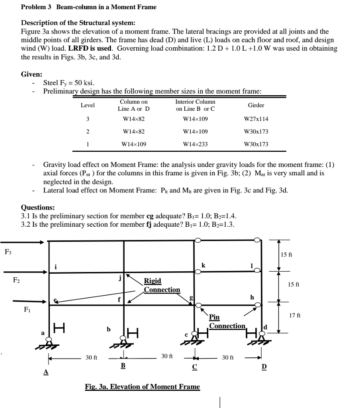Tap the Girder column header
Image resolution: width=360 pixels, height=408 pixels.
[x=256, y=105]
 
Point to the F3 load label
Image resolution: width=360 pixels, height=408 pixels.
[x=8, y=251]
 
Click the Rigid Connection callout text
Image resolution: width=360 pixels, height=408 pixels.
[x=162, y=285]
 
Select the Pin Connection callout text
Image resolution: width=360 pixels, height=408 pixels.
[x=227, y=322]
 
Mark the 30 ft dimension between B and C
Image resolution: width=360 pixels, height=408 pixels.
[x=167, y=356]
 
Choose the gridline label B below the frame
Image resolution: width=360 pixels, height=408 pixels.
[x=123, y=365]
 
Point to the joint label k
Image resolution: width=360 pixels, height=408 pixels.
[x=203, y=265]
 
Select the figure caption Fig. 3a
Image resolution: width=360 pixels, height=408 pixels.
[x=142, y=386]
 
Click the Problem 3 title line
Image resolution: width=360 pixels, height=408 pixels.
[x=88, y=7]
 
